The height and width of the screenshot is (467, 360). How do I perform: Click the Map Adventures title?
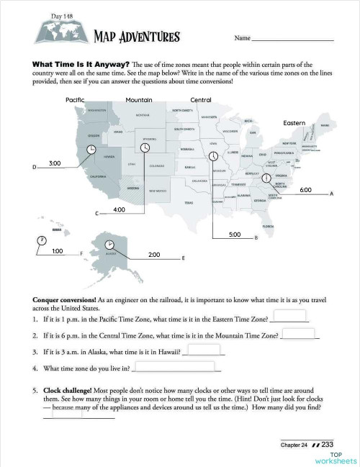coord(137,37)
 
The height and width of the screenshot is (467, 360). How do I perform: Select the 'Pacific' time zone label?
coord(75,99)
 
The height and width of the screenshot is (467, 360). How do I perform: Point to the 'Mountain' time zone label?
coord(138,99)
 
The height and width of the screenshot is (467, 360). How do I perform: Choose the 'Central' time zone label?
coord(200,99)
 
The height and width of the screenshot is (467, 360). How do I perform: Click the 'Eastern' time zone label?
coord(294,123)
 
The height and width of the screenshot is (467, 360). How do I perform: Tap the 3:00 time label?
coord(54,163)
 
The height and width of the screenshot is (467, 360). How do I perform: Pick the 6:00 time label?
coord(305,189)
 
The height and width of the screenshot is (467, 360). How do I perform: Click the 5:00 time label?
coord(234,235)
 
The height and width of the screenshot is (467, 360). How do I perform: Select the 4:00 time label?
coord(120,209)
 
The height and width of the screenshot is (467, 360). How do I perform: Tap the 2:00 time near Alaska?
coord(153,255)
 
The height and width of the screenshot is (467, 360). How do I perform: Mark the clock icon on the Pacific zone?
coord(91,149)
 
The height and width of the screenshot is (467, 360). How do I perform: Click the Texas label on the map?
coord(189,203)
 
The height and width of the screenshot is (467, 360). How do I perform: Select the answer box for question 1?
coord(292,316)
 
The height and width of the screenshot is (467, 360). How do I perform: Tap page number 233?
coord(327,445)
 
